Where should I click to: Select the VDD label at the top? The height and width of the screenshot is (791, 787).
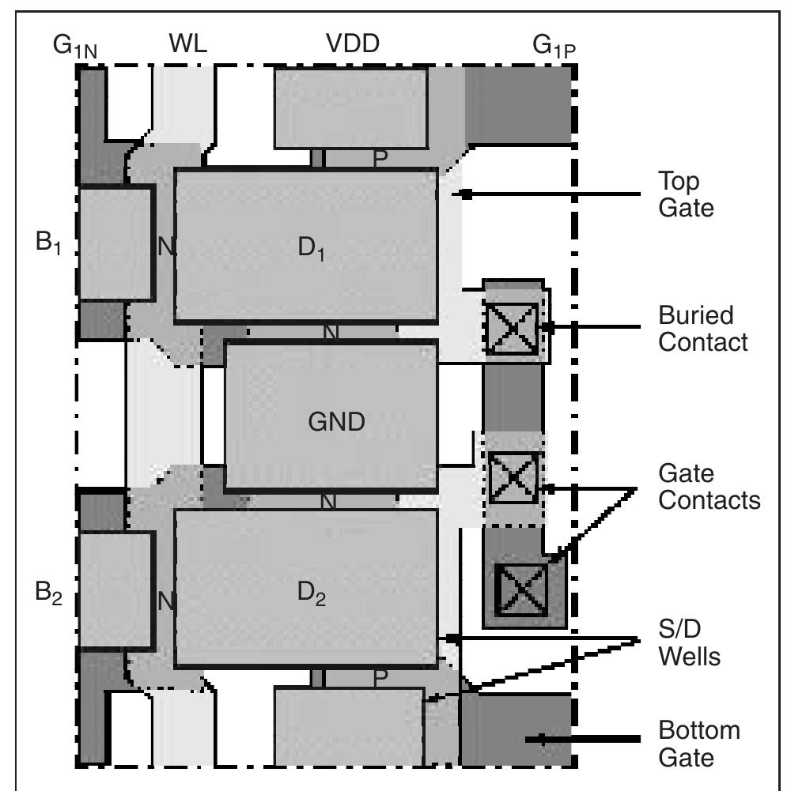(353, 45)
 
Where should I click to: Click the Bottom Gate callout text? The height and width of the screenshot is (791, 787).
(699, 744)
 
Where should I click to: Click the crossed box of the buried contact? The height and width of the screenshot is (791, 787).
(511, 327)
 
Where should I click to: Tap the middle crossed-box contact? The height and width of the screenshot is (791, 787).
(513, 476)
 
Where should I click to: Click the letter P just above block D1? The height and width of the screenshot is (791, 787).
(380, 159)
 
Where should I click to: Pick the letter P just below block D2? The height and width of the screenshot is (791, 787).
(380, 678)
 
